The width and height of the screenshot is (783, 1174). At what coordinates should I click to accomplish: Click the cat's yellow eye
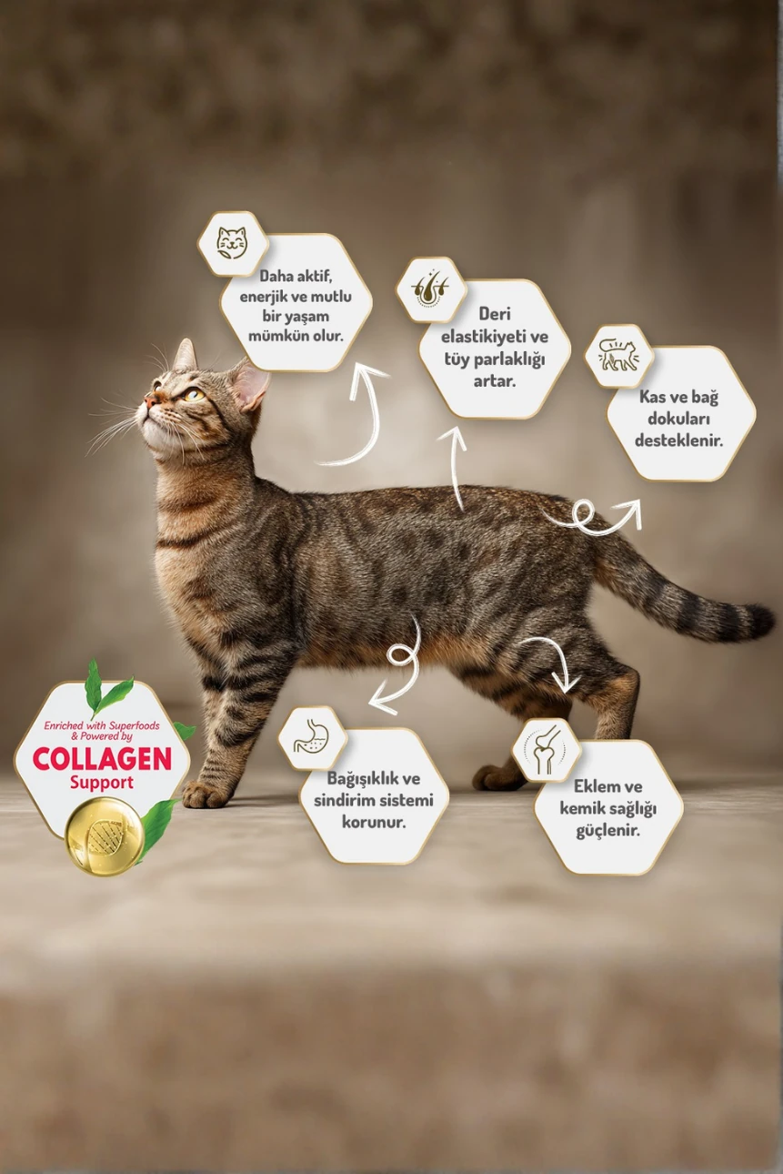(x=193, y=394)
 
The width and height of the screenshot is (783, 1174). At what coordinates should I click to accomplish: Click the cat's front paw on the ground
(x=206, y=794)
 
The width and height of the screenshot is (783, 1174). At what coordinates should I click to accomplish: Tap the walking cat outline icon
(x=618, y=356)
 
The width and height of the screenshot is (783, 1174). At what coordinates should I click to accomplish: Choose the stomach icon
(x=312, y=739)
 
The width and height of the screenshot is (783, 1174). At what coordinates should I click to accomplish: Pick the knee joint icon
(x=546, y=750)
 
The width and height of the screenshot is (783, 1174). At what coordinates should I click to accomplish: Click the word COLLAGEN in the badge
(x=102, y=758)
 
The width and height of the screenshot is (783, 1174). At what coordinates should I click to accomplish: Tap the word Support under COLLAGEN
(x=102, y=783)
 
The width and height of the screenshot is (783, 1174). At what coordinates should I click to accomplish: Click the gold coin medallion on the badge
(x=105, y=835)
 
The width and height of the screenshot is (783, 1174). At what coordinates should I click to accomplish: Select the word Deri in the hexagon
(x=495, y=314)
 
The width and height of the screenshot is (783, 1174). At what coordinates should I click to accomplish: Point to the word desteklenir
(x=681, y=440)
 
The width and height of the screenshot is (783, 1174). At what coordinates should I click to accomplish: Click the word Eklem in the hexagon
(x=597, y=785)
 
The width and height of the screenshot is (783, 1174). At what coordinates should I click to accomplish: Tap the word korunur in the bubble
(x=374, y=822)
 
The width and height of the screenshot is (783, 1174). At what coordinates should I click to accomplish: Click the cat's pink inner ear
(x=249, y=387)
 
